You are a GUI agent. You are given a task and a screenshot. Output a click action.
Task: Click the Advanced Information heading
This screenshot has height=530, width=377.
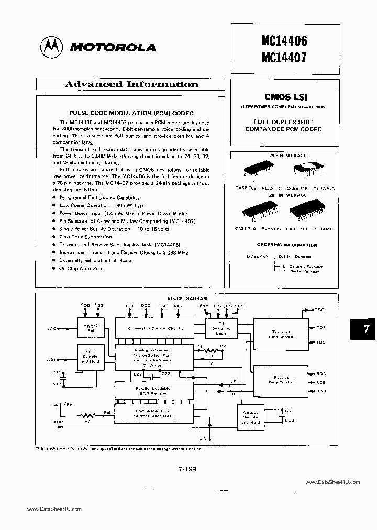click(x=131, y=84)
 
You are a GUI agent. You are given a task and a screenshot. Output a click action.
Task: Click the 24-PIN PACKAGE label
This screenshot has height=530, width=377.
click(x=287, y=156)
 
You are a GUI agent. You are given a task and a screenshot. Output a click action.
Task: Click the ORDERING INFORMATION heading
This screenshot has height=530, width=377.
click(x=287, y=245)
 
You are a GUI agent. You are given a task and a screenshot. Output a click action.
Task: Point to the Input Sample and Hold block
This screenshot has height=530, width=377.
click(x=91, y=357)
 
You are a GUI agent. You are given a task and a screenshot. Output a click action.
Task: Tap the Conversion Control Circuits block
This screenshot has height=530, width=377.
click(x=156, y=328)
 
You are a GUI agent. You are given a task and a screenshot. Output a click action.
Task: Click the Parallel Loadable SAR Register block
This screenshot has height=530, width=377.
click(x=156, y=391)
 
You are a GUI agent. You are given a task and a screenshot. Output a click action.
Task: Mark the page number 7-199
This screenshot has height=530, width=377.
click(x=187, y=470)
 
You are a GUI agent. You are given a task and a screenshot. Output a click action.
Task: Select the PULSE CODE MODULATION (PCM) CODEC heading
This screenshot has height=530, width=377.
click(x=131, y=113)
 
